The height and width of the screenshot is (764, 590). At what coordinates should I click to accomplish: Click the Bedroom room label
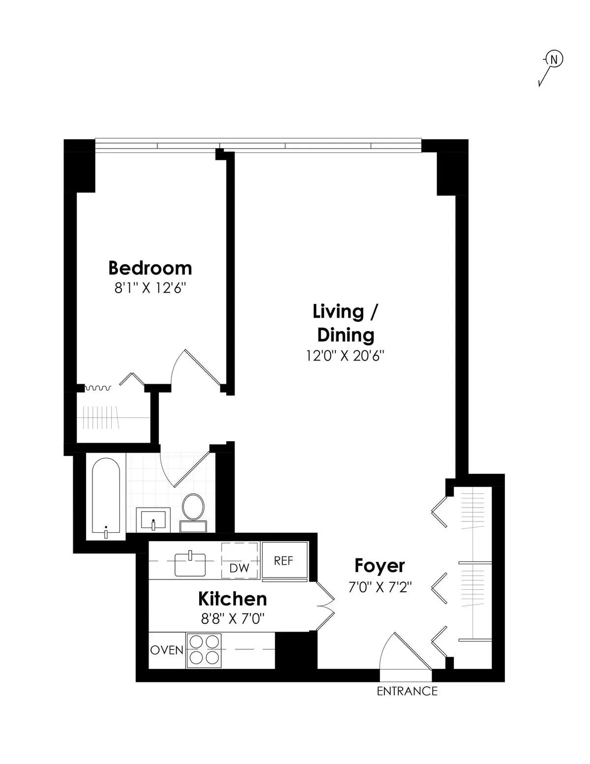[x=150, y=268]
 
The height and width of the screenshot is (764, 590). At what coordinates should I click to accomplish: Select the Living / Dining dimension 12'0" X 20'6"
[x=345, y=356]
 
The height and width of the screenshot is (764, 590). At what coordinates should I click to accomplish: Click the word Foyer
[x=380, y=566]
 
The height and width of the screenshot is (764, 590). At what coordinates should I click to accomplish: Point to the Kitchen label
[x=233, y=599]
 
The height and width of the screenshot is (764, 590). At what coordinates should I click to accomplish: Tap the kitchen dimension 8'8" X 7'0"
[x=233, y=618]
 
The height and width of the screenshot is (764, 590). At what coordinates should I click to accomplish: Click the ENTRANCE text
[x=407, y=691]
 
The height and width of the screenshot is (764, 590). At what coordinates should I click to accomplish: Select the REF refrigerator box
[x=285, y=561]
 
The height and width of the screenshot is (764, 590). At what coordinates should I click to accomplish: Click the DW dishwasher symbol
[x=239, y=559]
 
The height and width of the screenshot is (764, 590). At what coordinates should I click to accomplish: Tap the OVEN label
[x=167, y=650]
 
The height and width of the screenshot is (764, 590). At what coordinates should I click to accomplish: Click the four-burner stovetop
[x=204, y=650]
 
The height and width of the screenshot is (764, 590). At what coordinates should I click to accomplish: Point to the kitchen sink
[x=190, y=564]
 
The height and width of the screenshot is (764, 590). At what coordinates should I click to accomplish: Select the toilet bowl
[x=193, y=507]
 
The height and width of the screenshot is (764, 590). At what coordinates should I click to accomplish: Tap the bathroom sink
[x=153, y=520]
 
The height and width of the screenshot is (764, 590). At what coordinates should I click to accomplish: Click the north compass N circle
[x=554, y=60]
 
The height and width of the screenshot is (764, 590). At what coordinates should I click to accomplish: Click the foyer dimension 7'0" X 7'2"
[x=380, y=587]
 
